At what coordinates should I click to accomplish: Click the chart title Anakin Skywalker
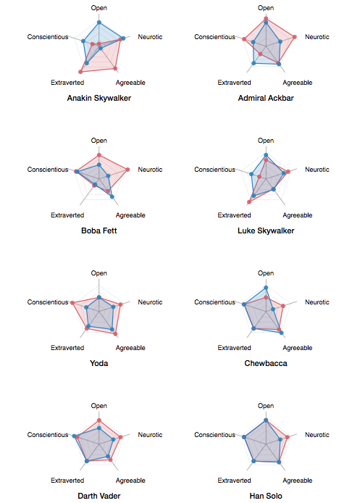click(x=99, y=98)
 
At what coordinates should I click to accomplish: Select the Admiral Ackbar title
click(x=266, y=98)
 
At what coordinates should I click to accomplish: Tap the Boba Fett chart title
click(x=99, y=230)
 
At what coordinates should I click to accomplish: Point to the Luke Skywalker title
click(x=266, y=230)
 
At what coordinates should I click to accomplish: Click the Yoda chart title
click(x=99, y=363)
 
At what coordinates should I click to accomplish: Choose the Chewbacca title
click(x=266, y=363)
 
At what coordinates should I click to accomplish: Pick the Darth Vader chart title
click(x=99, y=496)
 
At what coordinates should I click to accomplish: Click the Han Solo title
click(x=266, y=496)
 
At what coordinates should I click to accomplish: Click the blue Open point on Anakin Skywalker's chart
click(x=99, y=22)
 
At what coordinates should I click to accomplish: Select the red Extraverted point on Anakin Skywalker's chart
click(x=80, y=72)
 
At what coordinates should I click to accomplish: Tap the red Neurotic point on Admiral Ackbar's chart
click(x=295, y=37)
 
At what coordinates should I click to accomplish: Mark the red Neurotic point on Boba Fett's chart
click(x=127, y=170)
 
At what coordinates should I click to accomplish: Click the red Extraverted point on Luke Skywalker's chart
click(x=249, y=202)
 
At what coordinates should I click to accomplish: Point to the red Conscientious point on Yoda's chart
click(x=72, y=303)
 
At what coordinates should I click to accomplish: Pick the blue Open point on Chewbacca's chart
click(x=266, y=288)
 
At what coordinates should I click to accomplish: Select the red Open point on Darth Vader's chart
click(x=99, y=420)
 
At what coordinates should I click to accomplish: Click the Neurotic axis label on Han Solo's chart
click(x=317, y=435)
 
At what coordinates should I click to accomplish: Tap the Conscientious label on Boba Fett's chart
click(x=48, y=170)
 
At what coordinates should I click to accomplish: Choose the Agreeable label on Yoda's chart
click(x=130, y=348)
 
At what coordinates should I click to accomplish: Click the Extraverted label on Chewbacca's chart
click(x=234, y=348)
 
